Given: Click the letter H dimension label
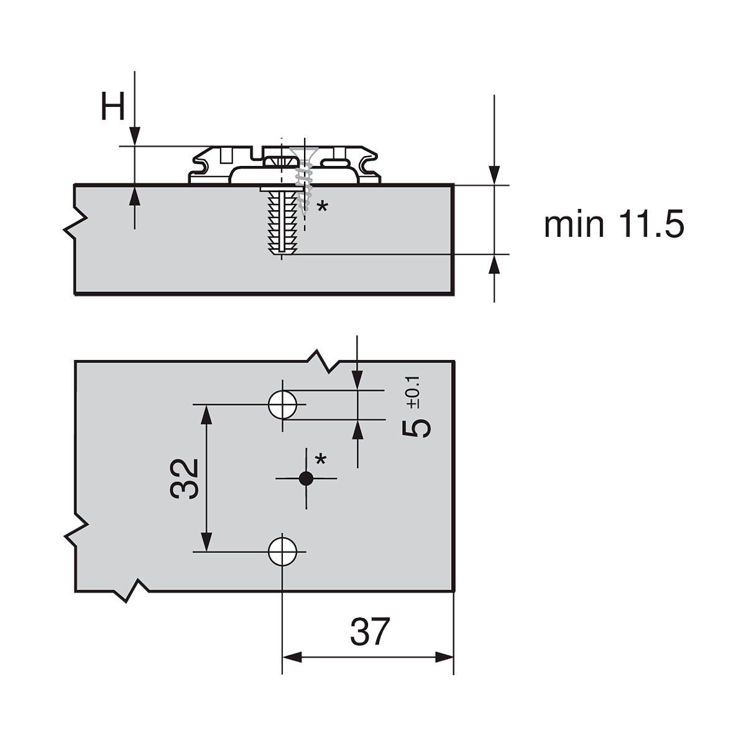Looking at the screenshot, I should pyautogui.click(x=113, y=108).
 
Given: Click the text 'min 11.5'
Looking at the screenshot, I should pyautogui.click(x=614, y=224).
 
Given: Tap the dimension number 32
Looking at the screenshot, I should pyautogui.click(x=185, y=478).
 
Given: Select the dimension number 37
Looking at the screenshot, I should pyautogui.click(x=369, y=632).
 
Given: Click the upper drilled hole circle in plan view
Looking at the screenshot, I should pyautogui.click(x=282, y=405).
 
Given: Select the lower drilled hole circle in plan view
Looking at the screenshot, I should pyautogui.click(x=282, y=551).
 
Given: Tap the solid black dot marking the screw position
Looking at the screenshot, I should pyautogui.click(x=306, y=478).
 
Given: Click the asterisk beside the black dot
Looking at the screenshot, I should pyautogui.click(x=321, y=461).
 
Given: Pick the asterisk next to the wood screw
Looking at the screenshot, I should pyautogui.click(x=322, y=207).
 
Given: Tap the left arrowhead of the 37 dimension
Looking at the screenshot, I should pyautogui.click(x=292, y=657).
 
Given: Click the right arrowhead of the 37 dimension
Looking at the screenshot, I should pyautogui.click(x=444, y=657).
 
